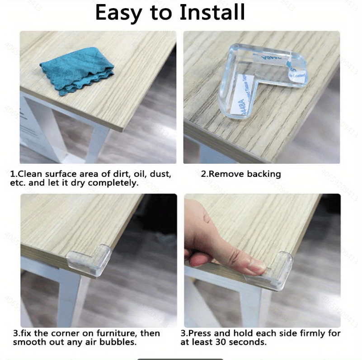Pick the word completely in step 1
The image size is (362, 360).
pyautogui.click(x=113, y=183)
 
